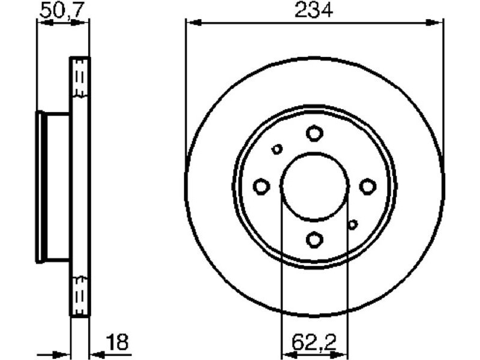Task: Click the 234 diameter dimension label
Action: pos(314,11)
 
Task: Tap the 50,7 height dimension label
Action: pos(62,11)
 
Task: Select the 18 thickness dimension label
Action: pos(118,342)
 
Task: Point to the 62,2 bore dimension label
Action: pos(314,342)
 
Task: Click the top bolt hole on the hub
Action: pos(314,133)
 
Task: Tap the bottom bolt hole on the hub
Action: pos(314,239)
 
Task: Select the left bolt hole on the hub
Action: pos(262,187)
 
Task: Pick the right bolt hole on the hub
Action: pos(367,187)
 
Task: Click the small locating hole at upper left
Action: pos(277,149)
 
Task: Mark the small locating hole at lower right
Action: pos(353,224)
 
